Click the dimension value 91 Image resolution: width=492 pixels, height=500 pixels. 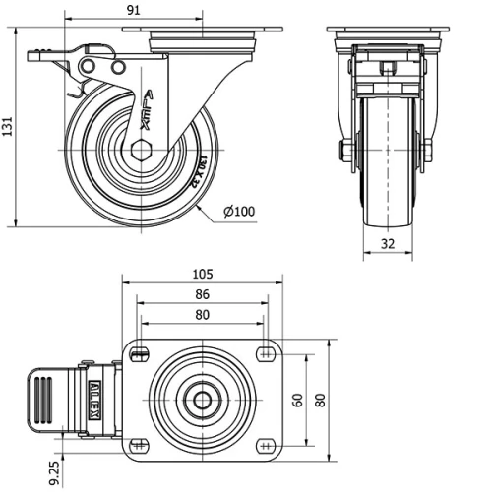pos(135,9)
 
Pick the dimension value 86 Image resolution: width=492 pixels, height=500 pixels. pos(203,293)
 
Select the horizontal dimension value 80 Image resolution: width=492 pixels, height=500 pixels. pos(203,315)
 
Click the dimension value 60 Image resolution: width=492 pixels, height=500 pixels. pos(296,401)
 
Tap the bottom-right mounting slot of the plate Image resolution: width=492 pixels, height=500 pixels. pos(266,446)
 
